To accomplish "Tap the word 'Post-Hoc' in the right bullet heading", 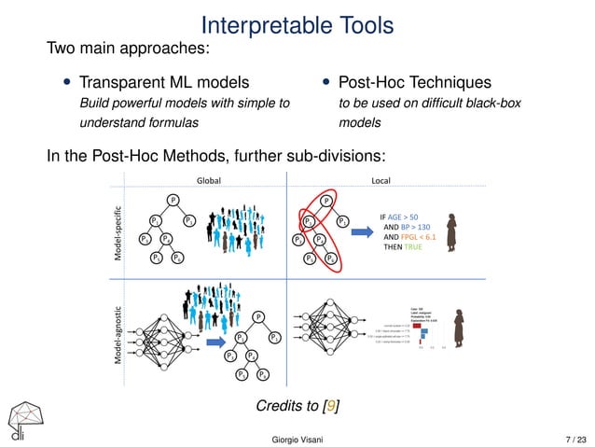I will [375, 83].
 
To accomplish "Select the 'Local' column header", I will [384, 181].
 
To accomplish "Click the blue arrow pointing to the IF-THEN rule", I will [360, 236].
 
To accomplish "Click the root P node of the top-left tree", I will [173, 199].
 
